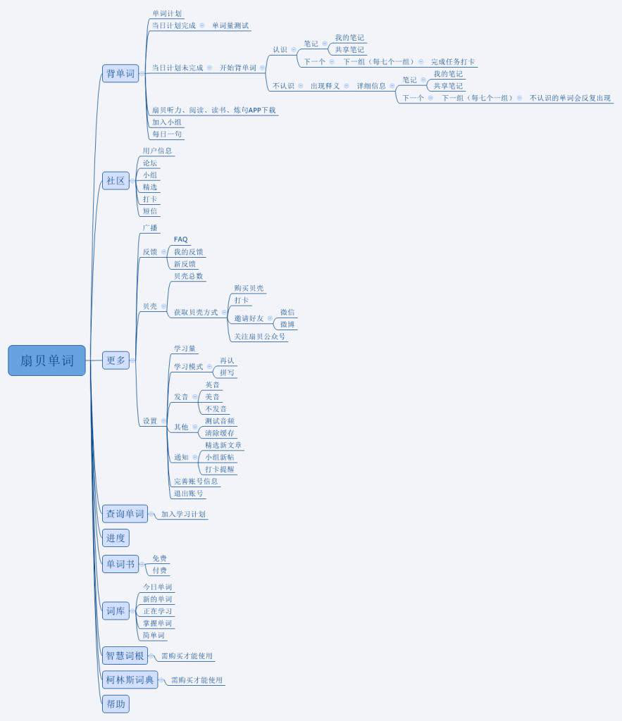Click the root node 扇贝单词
[x=46, y=360]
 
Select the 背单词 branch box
[x=120, y=73]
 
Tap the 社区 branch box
[x=116, y=181]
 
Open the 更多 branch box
[x=116, y=360]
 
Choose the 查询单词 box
[x=125, y=514]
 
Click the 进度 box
[x=116, y=539]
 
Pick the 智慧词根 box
[x=125, y=656]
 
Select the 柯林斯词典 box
[x=129, y=680]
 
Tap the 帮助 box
[x=116, y=703]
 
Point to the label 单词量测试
[x=230, y=25]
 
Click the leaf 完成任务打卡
[x=453, y=62]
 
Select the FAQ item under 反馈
[x=181, y=239]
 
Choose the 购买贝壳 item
[x=249, y=288]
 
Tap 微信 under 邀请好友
[x=287, y=312]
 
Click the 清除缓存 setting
[x=220, y=433]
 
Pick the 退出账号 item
[x=189, y=494]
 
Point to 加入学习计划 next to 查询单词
[x=183, y=514]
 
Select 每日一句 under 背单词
[x=167, y=134]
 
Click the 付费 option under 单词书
[x=160, y=570]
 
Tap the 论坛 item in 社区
[x=150, y=163]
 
